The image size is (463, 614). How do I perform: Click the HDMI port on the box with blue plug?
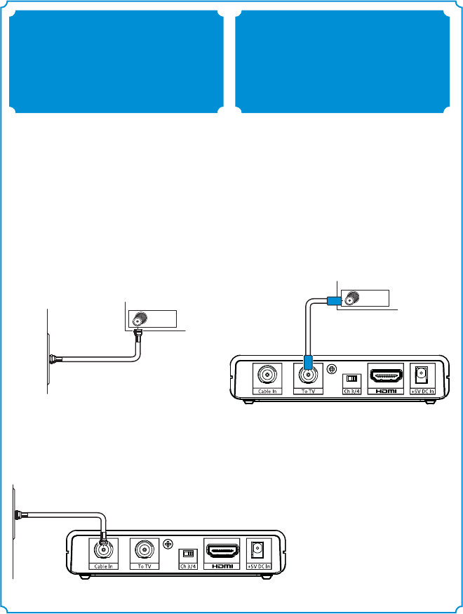(385, 374)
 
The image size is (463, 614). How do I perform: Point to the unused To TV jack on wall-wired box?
(145, 548)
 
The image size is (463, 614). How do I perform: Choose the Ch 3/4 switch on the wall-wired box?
(187, 552)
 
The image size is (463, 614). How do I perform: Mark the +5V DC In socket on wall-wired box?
(258, 548)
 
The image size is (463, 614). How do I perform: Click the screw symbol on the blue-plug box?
(333, 368)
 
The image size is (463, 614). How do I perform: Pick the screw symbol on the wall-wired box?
(168, 544)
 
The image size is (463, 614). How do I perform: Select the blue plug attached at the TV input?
(333, 300)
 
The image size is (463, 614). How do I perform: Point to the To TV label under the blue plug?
(307, 391)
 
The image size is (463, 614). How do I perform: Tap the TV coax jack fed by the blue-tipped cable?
(349, 298)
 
